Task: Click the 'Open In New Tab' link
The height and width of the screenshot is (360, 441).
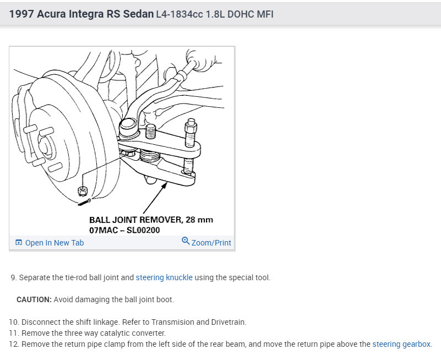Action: click(x=55, y=243)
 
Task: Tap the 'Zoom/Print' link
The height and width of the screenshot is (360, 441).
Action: click(x=211, y=243)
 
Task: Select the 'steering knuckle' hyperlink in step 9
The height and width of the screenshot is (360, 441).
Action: click(x=164, y=277)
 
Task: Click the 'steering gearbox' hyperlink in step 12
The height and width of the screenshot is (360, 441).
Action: click(x=401, y=344)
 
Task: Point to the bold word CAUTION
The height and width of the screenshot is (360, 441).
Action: click(x=34, y=299)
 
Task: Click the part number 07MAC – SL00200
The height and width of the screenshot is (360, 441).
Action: click(x=124, y=230)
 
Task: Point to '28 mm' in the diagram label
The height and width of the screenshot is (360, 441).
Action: click(x=199, y=220)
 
